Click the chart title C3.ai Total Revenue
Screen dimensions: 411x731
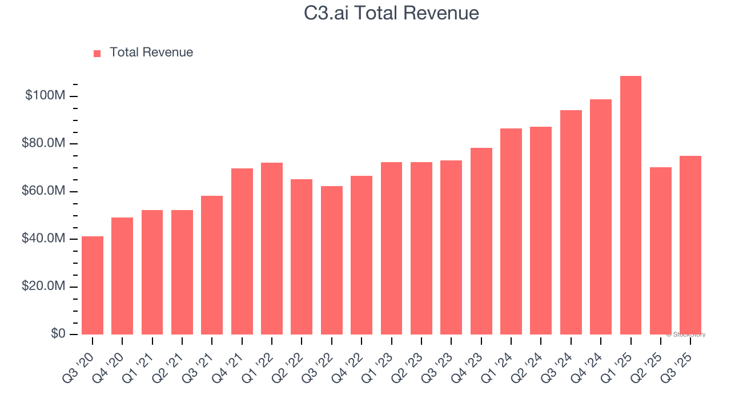391,13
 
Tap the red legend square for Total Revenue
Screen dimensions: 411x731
97,53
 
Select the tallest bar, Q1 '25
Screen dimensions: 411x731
630,205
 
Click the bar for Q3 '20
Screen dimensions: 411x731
93,285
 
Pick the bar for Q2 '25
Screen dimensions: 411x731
660,251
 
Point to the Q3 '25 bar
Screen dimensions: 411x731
690,245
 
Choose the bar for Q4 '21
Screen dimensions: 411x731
242,251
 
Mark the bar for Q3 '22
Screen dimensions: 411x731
331,260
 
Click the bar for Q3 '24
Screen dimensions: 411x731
571,222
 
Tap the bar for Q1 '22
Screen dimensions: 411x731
272,248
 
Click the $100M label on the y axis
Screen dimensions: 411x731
45,95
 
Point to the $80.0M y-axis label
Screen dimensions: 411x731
43,143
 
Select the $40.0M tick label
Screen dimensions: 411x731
43,239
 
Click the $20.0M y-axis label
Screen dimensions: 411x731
43,286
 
